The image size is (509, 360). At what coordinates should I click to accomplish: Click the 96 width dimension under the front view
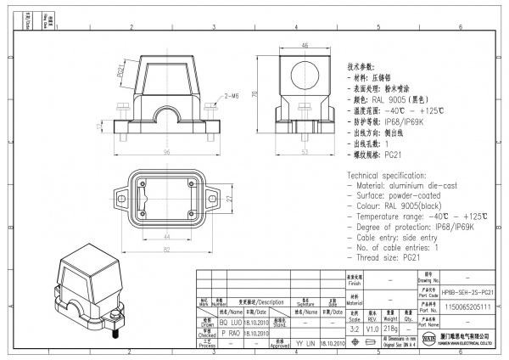pyautogui.click(x=166, y=152)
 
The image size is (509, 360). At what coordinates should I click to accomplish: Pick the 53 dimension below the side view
pyautogui.click(x=305, y=152)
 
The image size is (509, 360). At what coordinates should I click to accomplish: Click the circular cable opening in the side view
pyautogui.click(x=304, y=72)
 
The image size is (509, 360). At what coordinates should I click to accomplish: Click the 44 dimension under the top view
pyautogui.click(x=166, y=236)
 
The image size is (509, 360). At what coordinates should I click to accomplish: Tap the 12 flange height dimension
pyautogui.click(x=99, y=126)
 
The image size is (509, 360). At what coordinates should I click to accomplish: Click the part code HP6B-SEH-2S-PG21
pyautogui.click(x=467, y=290)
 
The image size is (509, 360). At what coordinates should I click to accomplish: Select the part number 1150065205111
pyautogui.click(x=467, y=305)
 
